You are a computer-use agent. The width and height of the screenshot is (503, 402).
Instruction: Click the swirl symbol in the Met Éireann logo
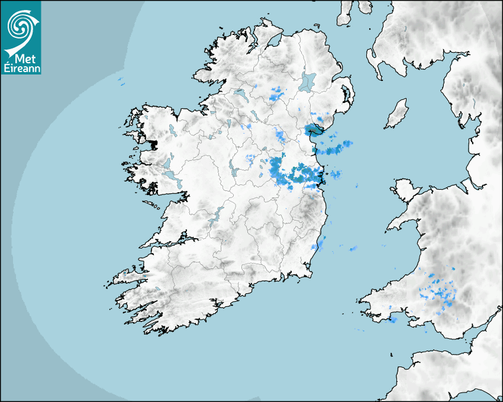tap(20, 25)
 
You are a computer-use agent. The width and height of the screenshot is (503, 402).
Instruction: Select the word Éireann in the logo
tap(20, 68)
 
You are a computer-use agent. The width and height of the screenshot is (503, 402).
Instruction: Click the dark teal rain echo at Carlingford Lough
tap(312, 130)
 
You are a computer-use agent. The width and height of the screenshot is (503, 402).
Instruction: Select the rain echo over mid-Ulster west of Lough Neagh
tap(276, 93)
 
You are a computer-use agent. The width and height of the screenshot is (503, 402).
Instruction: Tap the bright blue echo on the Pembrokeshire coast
tap(392, 320)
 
